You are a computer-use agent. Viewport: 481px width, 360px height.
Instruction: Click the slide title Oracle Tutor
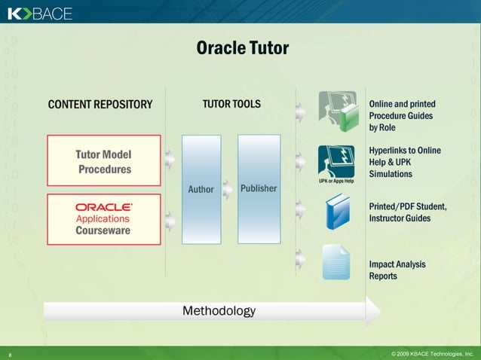(242, 48)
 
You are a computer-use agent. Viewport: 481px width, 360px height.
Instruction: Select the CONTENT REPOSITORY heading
(100, 104)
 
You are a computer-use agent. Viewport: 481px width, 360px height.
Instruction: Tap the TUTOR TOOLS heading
(231, 104)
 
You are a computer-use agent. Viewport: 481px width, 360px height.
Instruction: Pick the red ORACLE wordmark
(104, 206)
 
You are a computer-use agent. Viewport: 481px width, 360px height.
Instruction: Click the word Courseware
(103, 230)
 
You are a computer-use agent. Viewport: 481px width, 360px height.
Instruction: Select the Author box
(201, 189)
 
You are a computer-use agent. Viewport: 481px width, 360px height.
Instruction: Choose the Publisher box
(259, 188)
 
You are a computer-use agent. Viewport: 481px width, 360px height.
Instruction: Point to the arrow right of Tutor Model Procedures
(170, 159)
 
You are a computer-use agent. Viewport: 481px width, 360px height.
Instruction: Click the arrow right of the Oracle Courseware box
(170, 220)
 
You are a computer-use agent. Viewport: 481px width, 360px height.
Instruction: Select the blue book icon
(336, 212)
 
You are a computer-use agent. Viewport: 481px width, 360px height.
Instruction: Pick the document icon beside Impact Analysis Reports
(336, 262)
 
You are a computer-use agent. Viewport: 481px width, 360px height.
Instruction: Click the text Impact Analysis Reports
(397, 270)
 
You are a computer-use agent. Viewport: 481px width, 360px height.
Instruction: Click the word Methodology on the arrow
(219, 310)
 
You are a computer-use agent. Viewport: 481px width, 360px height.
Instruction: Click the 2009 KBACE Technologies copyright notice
(432, 352)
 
